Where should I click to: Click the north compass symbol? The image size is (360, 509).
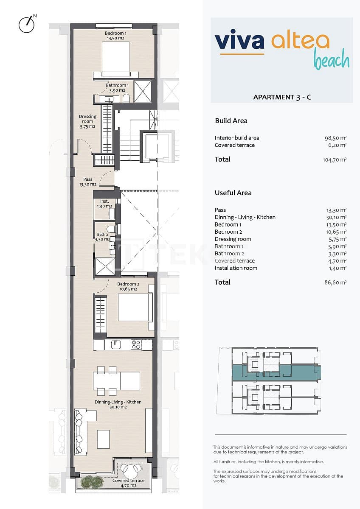point(26,24)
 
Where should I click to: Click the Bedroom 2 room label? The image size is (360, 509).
point(128,287)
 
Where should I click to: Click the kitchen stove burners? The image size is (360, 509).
point(136,345)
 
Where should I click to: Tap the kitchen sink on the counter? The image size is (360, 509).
point(115,344)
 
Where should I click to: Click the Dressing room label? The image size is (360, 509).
point(87,121)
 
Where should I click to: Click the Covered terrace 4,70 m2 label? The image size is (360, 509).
point(128,483)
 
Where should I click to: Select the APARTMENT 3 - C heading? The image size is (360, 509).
point(282,97)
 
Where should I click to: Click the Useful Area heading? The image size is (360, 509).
point(233,193)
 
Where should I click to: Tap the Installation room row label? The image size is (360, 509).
point(236,268)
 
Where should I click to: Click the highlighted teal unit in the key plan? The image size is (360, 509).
point(276,372)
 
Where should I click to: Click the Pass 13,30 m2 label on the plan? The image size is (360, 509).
point(88,182)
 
